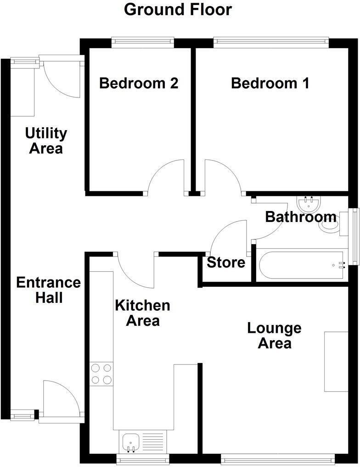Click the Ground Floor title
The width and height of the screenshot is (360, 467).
178,9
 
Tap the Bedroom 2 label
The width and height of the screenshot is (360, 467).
139,83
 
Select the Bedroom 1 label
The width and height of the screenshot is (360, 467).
270,83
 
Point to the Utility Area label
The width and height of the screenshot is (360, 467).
46,141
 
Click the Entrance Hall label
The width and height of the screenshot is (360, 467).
48,290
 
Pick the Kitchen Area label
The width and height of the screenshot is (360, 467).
142,313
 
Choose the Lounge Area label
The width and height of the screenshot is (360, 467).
274,336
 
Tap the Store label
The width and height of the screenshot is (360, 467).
226,263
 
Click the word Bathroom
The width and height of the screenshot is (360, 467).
301,216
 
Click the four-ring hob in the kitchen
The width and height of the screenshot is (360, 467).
101,374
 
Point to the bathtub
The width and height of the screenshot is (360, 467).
300,265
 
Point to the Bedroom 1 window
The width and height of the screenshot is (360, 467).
271,43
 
